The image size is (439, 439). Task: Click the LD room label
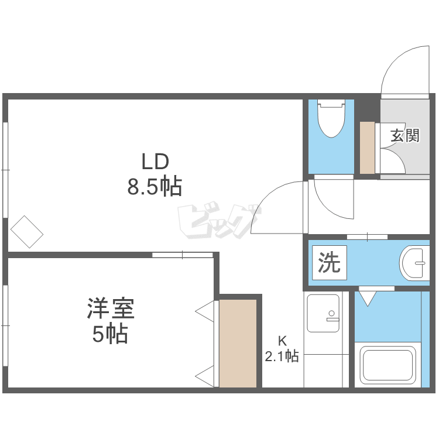pyautogui.click(x=155, y=162)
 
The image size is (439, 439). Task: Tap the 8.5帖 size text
pyautogui.click(x=155, y=186)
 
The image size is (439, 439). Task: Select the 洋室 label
pyautogui.click(x=111, y=308)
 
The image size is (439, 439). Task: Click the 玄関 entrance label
pyautogui.click(x=405, y=136)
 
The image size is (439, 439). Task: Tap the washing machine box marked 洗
pyautogui.click(x=330, y=263)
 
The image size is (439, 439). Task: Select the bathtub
pyautogui.click(x=387, y=365)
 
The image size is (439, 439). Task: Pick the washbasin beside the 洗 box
pyautogui.click(x=414, y=263)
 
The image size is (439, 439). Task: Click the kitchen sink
pyautogui.click(x=323, y=313)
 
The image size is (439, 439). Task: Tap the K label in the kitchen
pyautogui.click(x=282, y=341)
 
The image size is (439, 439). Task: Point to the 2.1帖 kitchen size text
pyautogui.click(x=282, y=356)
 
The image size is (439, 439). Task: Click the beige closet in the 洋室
pyautogui.click(x=238, y=344)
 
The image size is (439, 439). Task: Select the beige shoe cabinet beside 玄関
pyautogui.click(x=367, y=148)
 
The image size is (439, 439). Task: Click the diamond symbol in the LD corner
pyautogui.click(x=27, y=232)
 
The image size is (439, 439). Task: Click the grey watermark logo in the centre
pyautogui.click(x=220, y=221)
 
